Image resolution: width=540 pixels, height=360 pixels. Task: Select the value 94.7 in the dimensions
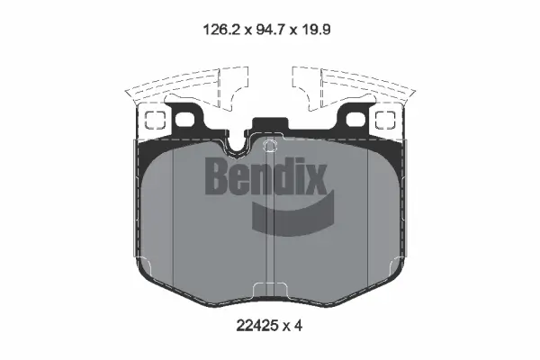272,28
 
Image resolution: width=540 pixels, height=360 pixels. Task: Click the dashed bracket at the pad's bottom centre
270,290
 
